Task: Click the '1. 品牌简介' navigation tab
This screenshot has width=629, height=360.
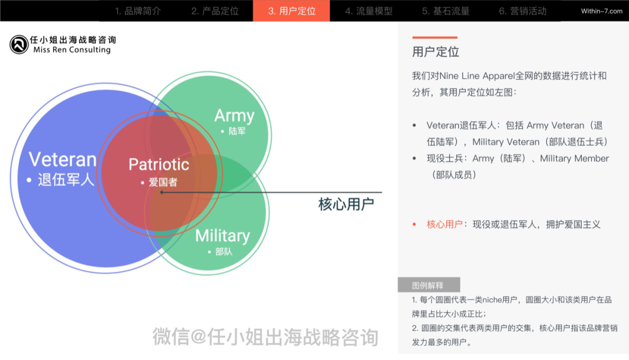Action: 137,11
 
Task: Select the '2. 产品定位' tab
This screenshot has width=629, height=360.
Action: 215,11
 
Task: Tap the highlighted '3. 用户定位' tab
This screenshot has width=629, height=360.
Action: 291,11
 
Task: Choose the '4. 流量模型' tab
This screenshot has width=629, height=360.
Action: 368,11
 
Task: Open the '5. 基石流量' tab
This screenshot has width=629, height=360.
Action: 446,11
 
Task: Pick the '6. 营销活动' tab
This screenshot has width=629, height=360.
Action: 522,11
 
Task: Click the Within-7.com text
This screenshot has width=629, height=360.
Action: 602,11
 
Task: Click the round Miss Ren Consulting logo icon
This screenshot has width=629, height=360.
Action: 19,44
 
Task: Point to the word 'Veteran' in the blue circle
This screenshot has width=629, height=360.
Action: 62,160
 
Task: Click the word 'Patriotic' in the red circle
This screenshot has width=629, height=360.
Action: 158,164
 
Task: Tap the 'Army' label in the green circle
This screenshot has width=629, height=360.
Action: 234,115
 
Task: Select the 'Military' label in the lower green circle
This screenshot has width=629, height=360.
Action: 222,236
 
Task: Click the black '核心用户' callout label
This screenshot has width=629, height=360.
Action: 346,204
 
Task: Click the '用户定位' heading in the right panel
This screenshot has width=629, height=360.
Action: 436,52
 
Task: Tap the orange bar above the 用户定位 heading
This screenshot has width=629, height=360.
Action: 434,37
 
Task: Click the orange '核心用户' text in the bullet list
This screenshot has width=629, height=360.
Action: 444,224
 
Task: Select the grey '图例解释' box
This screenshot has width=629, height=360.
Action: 429,285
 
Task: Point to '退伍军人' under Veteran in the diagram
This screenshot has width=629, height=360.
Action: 65,180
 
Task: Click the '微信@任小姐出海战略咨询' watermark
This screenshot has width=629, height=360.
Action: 266,337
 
